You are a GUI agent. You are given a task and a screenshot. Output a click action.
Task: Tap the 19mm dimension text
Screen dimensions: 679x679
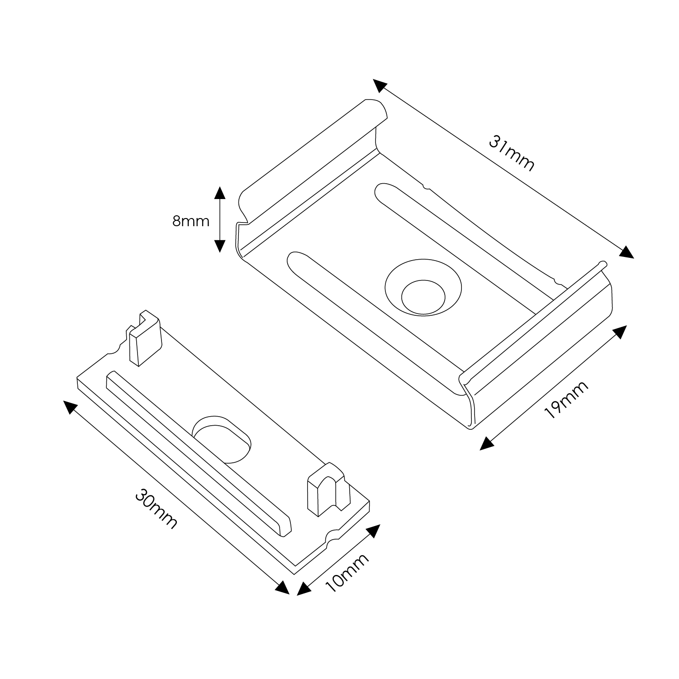click(566, 399)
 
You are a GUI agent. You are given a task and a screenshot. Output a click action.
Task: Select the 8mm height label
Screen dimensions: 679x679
click(191, 221)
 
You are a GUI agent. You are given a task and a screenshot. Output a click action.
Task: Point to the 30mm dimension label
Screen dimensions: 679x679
click(156, 508)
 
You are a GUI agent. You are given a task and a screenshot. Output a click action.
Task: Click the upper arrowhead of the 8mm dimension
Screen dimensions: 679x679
click(219, 193)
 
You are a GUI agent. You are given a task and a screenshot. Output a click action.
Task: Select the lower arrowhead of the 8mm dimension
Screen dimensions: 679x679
click(219, 246)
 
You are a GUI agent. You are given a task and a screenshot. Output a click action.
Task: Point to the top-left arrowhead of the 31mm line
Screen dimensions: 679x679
click(380, 86)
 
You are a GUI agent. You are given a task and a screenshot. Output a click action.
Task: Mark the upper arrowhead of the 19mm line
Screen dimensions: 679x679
click(620, 331)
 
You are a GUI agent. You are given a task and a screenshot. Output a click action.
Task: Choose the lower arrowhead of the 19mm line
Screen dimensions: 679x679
click(487, 443)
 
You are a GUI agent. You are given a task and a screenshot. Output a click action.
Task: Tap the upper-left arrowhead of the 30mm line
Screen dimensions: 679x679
click(70, 407)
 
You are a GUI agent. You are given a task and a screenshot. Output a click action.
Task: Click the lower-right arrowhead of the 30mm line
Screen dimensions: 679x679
click(282, 587)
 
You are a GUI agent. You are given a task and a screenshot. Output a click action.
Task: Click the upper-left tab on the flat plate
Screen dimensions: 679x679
click(144, 337)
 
